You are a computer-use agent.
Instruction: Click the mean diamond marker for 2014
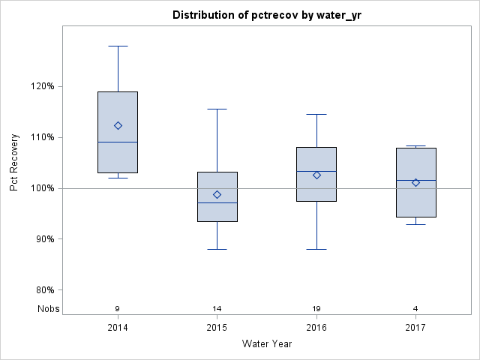pos(118,125)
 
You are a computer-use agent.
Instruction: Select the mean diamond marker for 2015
pos(217,194)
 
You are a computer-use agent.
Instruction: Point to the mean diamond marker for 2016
pos(316,175)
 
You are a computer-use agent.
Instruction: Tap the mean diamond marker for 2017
pos(415,182)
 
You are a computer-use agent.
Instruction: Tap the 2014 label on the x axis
pos(118,328)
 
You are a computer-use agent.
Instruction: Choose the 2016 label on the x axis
pos(316,328)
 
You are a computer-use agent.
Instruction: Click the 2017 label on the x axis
pos(415,328)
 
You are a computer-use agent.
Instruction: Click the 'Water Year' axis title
pos(266,344)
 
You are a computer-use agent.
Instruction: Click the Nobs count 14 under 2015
pos(217,308)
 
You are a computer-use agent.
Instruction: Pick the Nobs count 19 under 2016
pos(316,308)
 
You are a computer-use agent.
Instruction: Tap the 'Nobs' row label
pos(48,308)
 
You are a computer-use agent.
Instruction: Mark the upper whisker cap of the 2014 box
pos(118,46)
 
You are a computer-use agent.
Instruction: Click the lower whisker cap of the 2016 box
pos(316,249)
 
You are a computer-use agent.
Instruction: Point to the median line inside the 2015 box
pos(217,202)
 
